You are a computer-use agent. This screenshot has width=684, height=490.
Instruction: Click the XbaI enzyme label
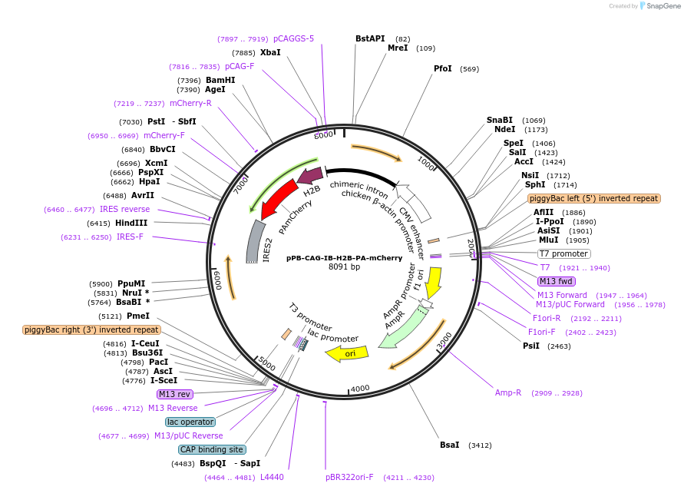click(x=270, y=52)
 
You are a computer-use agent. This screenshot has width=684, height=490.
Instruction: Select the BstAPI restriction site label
click(x=370, y=38)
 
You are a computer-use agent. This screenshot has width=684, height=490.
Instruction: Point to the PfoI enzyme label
click(x=443, y=68)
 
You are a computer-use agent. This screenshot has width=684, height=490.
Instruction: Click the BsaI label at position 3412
click(x=449, y=445)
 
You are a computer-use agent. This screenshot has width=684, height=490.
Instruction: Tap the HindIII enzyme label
click(x=131, y=223)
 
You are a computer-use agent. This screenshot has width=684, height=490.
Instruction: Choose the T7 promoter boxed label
click(x=563, y=253)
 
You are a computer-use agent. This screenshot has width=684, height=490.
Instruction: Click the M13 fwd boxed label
click(x=557, y=281)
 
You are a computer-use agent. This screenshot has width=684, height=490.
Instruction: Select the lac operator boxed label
click(x=190, y=422)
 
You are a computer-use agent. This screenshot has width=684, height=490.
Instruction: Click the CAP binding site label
click(x=212, y=449)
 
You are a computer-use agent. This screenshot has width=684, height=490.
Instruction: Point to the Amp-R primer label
click(x=508, y=392)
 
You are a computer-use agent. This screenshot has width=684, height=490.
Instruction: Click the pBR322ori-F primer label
click(x=349, y=477)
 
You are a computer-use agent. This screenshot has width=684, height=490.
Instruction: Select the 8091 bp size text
click(x=344, y=267)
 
